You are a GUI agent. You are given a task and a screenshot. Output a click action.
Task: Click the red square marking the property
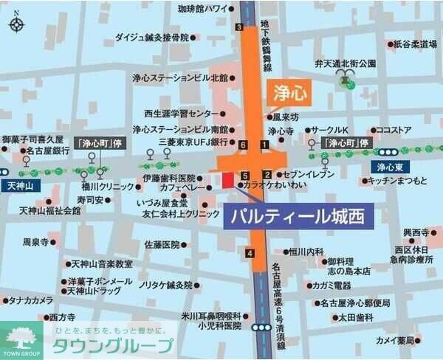(x=227, y=179)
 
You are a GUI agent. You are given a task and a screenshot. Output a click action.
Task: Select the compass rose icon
(x=16, y=24)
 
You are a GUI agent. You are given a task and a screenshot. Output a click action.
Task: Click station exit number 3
(x=238, y=27)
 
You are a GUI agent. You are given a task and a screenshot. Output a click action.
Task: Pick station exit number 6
(x=243, y=144)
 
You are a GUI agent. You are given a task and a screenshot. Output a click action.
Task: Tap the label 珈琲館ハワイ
(x=203, y=9)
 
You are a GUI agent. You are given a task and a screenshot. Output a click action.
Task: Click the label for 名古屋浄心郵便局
(x=355, y=302)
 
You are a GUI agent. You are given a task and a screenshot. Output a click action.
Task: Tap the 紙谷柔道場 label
(x=415, y=44)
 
